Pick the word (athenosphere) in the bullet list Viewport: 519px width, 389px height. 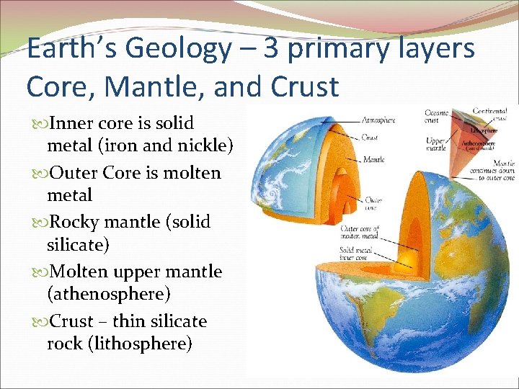click(108, 294)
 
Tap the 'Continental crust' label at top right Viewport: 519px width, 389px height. click(490, 114)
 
